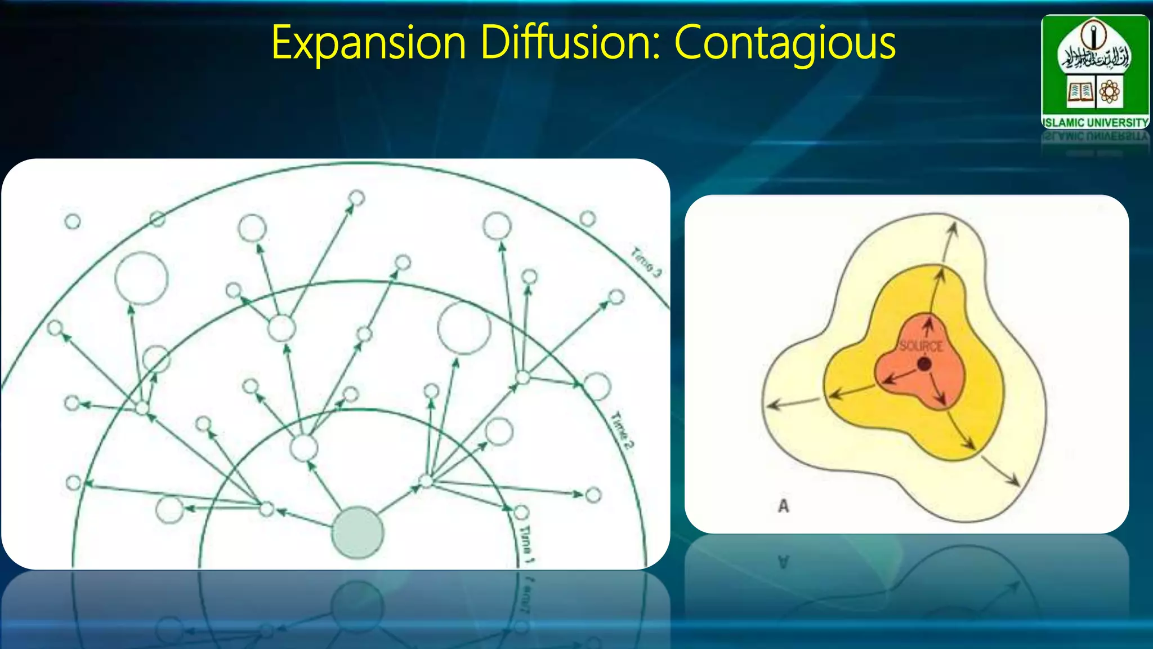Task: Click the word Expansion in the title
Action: (x=369, y=43)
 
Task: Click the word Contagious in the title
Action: (x=785, y=43)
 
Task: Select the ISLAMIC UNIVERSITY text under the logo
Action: (x=1095, y=122)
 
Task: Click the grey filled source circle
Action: (x=357, y=532)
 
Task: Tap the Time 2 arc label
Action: (x=622, y=432)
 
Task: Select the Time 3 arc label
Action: (x=646, y=262)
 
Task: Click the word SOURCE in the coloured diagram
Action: (x=921, y=346)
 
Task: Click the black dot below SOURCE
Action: (x=924, y=364)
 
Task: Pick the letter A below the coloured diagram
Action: (x=783, y=506)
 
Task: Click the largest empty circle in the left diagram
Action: (x=141, y=278)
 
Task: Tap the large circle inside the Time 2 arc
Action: (x=464, y=328)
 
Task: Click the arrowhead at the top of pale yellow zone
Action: (x=953, y=226)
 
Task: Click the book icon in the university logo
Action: (x=1080, y=91)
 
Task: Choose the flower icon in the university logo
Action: (x=1109, y=91)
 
